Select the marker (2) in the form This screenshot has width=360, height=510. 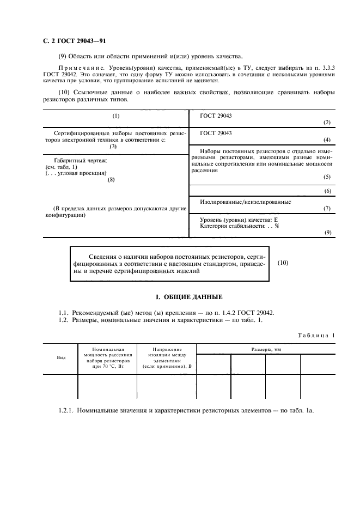(327, 123)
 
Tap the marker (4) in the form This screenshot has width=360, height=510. (327, 139)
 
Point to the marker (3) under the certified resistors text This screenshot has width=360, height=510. (113, 146)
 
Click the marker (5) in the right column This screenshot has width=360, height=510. (327, 177)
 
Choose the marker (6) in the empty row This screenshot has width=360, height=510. (327, 191)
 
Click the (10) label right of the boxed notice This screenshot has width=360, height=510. (283, 263)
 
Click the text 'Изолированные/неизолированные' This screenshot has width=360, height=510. (246, 202)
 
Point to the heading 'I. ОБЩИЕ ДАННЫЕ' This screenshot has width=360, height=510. (189, 297)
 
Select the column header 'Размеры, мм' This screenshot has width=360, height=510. (266, 348)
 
